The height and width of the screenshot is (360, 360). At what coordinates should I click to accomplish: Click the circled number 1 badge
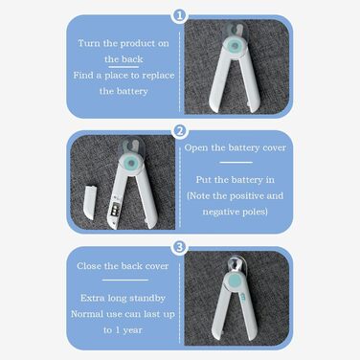coord(179,15)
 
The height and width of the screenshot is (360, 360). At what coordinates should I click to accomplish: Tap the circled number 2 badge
coord(180,131)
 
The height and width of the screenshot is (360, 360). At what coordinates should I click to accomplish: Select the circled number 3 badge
coord(180,247)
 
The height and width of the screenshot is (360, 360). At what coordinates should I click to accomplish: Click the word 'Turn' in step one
coord(89,43)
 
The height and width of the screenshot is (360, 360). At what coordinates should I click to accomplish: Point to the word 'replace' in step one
coord(158,76)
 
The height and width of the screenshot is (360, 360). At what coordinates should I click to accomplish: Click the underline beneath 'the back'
coord(124,67)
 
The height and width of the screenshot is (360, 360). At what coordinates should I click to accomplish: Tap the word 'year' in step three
coord(132,330)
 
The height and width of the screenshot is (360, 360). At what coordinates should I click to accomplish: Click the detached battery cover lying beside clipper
coord(89,202)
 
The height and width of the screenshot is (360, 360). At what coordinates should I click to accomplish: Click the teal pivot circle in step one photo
coord(236,46)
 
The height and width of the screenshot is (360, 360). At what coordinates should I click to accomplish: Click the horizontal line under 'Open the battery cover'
coord(236,163)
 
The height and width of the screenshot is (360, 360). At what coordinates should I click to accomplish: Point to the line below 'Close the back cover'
coord(125,281)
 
